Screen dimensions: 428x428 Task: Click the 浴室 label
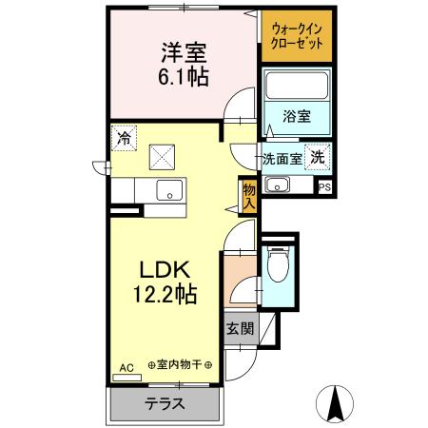295,117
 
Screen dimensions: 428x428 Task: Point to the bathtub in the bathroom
295,87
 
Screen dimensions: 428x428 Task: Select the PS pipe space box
325,185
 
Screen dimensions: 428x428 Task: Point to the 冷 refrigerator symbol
124,138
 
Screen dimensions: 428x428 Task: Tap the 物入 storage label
249,196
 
